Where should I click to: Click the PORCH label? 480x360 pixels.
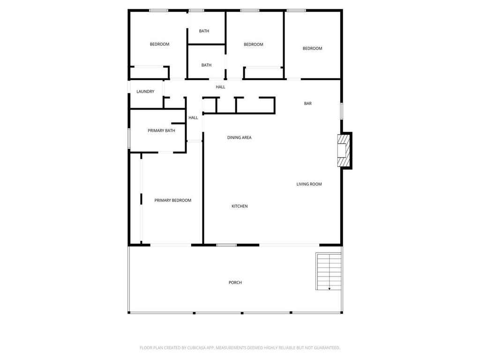(235, 283)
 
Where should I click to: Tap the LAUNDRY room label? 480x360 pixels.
(145, 91)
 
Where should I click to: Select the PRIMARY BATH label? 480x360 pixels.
(161, 131)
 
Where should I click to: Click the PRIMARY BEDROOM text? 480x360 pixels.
(172, 201)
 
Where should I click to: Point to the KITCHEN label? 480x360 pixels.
(240, 206)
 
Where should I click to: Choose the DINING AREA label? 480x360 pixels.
(240, 138)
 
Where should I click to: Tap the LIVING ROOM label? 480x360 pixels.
(309, 184)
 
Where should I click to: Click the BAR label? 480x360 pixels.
(308, 104)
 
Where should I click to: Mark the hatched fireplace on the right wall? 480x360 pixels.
(344, 150)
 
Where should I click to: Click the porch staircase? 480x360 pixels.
(329, 271)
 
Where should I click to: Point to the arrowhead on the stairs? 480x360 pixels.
(330, 288)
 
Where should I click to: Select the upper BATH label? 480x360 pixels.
(204, 31)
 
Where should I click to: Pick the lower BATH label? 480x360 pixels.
(207, 65)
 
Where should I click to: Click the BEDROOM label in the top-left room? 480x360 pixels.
(159, 45)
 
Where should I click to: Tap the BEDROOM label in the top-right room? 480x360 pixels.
(313, 48)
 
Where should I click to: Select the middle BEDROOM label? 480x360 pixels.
(254, 45)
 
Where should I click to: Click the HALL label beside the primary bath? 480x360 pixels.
(193, 118)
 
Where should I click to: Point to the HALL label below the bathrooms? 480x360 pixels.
(220, 87)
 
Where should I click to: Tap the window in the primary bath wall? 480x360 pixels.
(129, 138)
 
